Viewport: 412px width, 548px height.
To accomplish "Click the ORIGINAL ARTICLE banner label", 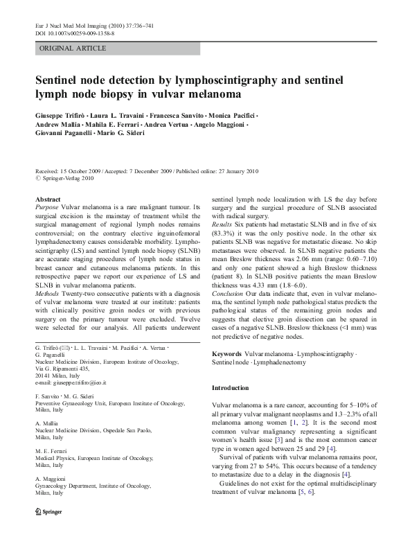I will coord(73,48).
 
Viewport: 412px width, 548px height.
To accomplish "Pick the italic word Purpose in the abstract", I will coord(47,207).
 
